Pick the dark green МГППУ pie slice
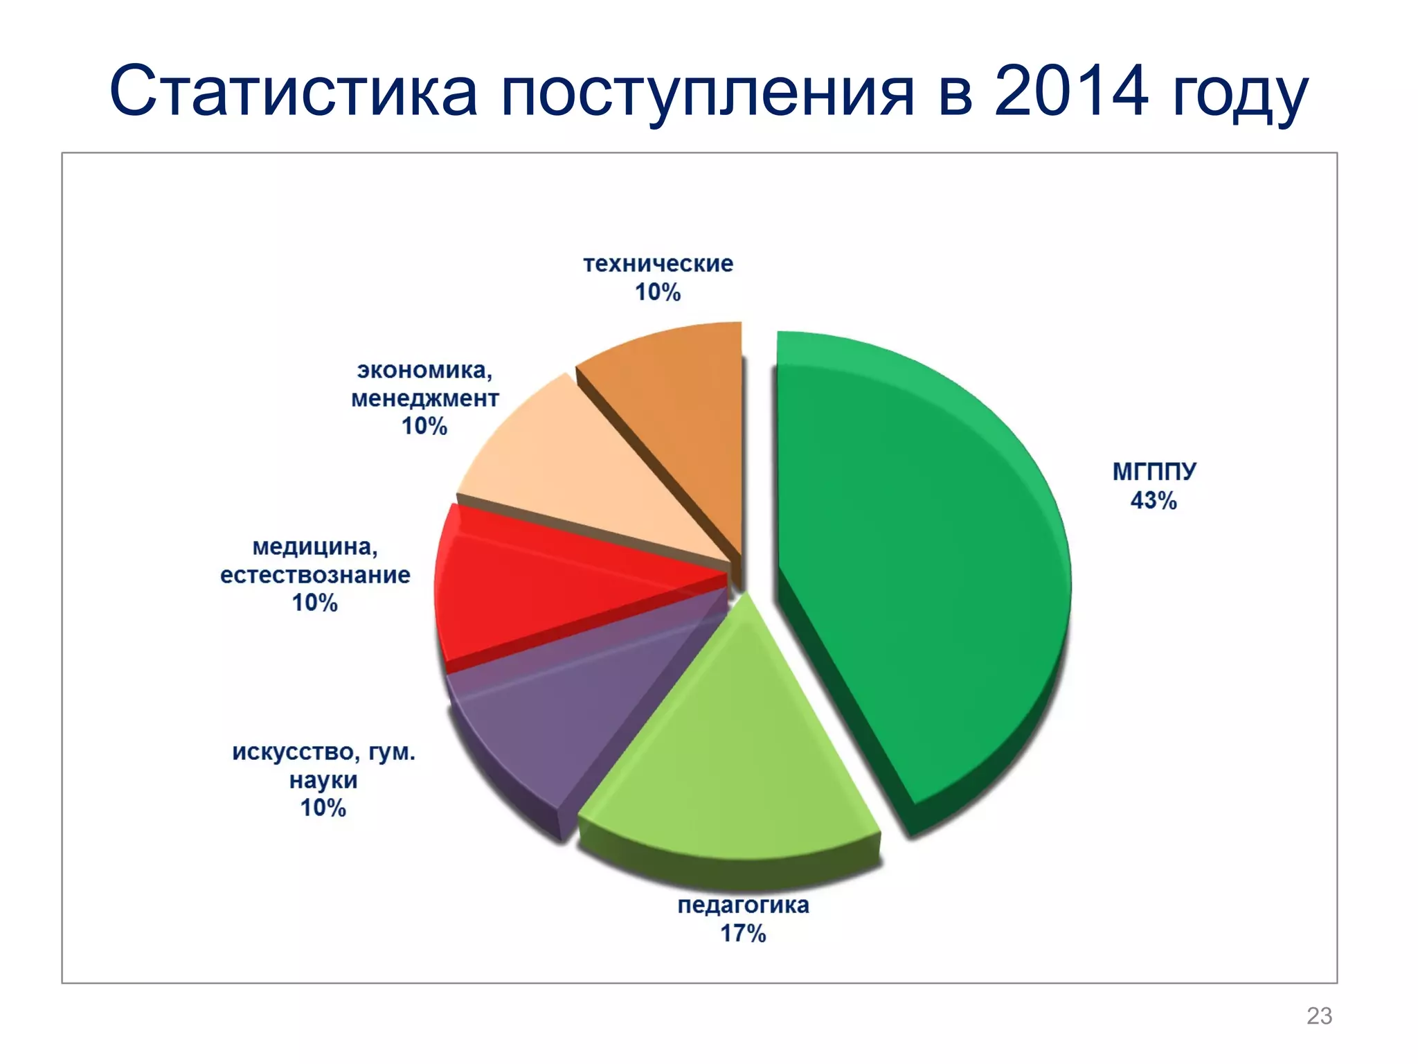click(x=921, y=568)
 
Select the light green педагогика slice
click(x=727, y=748)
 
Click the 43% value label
click(x=1154, y=500)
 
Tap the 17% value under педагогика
click(x=743, y=933)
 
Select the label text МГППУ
click(x=1154, y=471)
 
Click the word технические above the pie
click(x=658, y=264)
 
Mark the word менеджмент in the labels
click(x=424, y=398)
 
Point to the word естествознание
click(x=315, y=575)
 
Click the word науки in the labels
click(x=323, y=780)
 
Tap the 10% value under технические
click(x=658, y=292)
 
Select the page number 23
click(x=1319, y=1016)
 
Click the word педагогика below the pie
click(x=743, y=905)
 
